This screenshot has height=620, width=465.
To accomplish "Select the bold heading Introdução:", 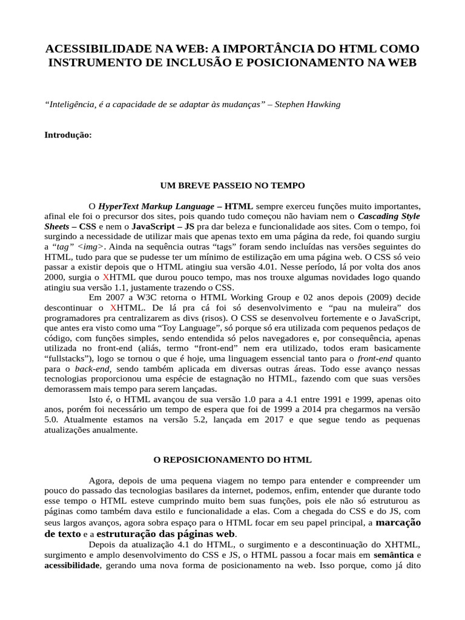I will pyautogui.click(x=68, y=135).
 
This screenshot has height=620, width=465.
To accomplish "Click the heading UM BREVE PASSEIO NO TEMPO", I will pyautogui.click(x=232, y=185).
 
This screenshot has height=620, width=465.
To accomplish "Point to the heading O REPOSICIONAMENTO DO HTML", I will pyautogui.click(x=232, y=460).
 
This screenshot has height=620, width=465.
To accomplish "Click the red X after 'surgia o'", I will pyautogui.click(x=107, y=278).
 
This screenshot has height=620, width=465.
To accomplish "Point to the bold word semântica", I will pyautogui.click(x=393, y=555).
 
